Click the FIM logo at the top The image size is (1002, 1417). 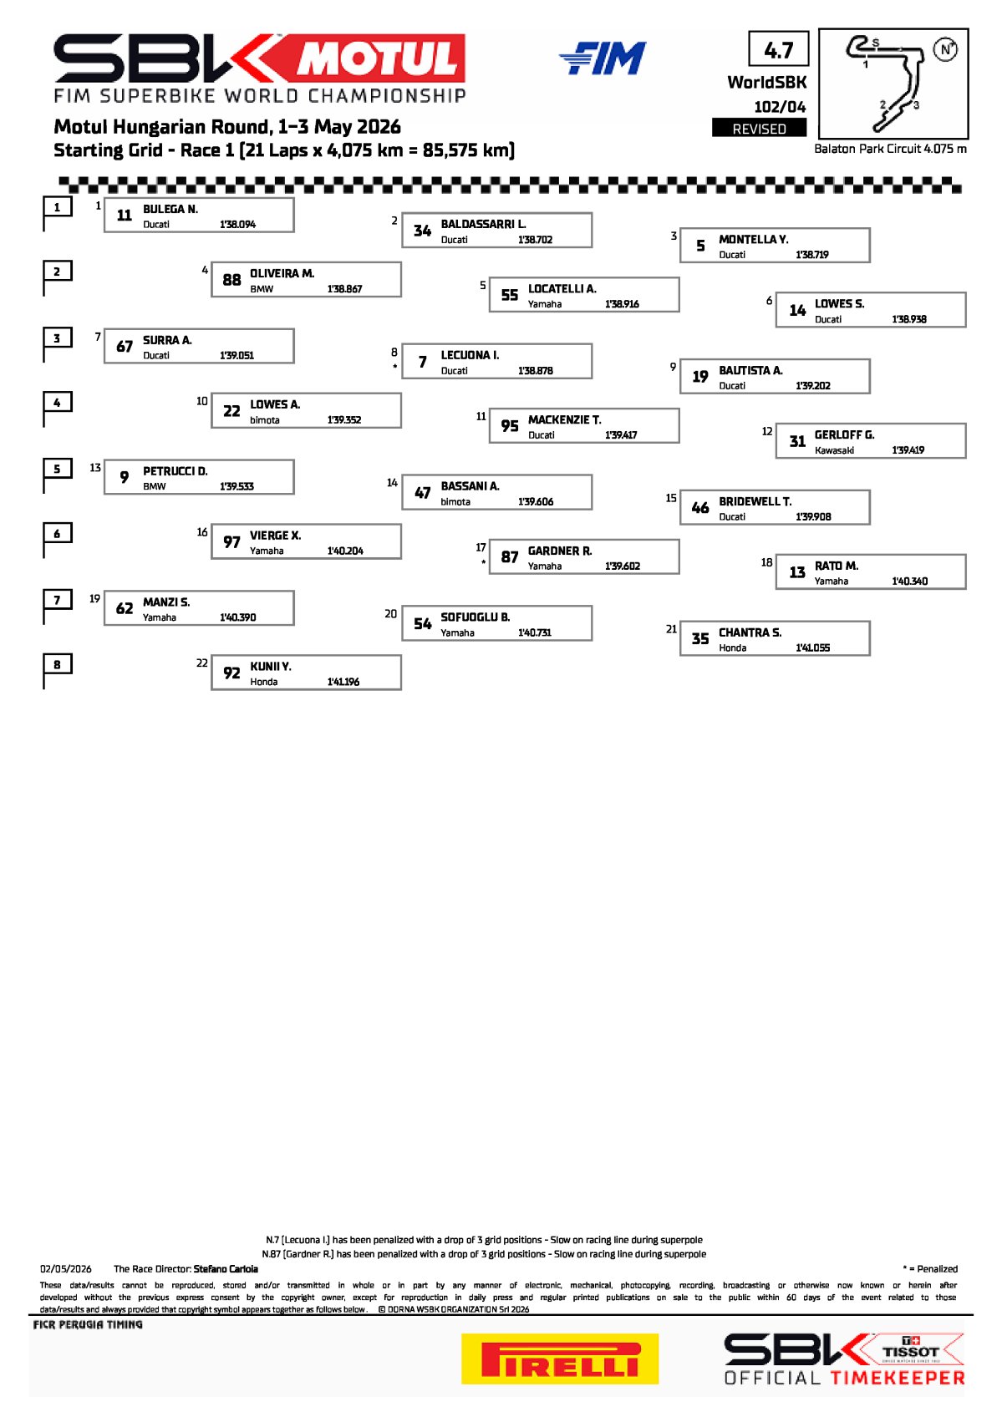(603, 58)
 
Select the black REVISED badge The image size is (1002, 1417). (759, 129)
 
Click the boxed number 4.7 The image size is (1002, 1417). (779, 48)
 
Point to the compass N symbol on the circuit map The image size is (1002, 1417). (946, 49)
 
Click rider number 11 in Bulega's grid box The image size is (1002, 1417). (124, 215)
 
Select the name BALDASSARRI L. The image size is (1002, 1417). (483, 224)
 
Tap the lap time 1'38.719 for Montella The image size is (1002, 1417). (812, 254)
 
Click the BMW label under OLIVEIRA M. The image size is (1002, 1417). (262, 288)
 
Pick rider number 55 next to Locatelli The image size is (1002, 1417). (509, 295)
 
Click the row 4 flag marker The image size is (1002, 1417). (57, 409)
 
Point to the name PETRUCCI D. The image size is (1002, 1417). (175, 470)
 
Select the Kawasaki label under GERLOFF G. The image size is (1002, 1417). (834, 449)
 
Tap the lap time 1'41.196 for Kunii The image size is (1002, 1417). (343, 681)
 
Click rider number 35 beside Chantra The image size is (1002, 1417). (699, 638)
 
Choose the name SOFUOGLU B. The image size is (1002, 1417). (475, 617)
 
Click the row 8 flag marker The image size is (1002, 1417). (57, 671)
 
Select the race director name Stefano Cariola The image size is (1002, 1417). (226, 1268)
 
